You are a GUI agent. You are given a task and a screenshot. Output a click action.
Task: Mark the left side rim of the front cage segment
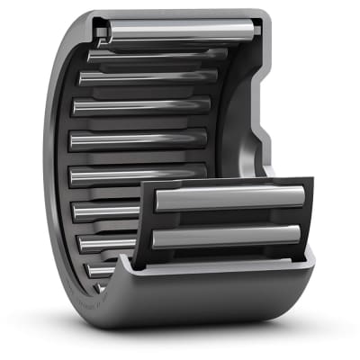point(146,225)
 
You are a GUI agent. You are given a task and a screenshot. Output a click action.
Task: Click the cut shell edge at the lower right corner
point(310,261)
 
